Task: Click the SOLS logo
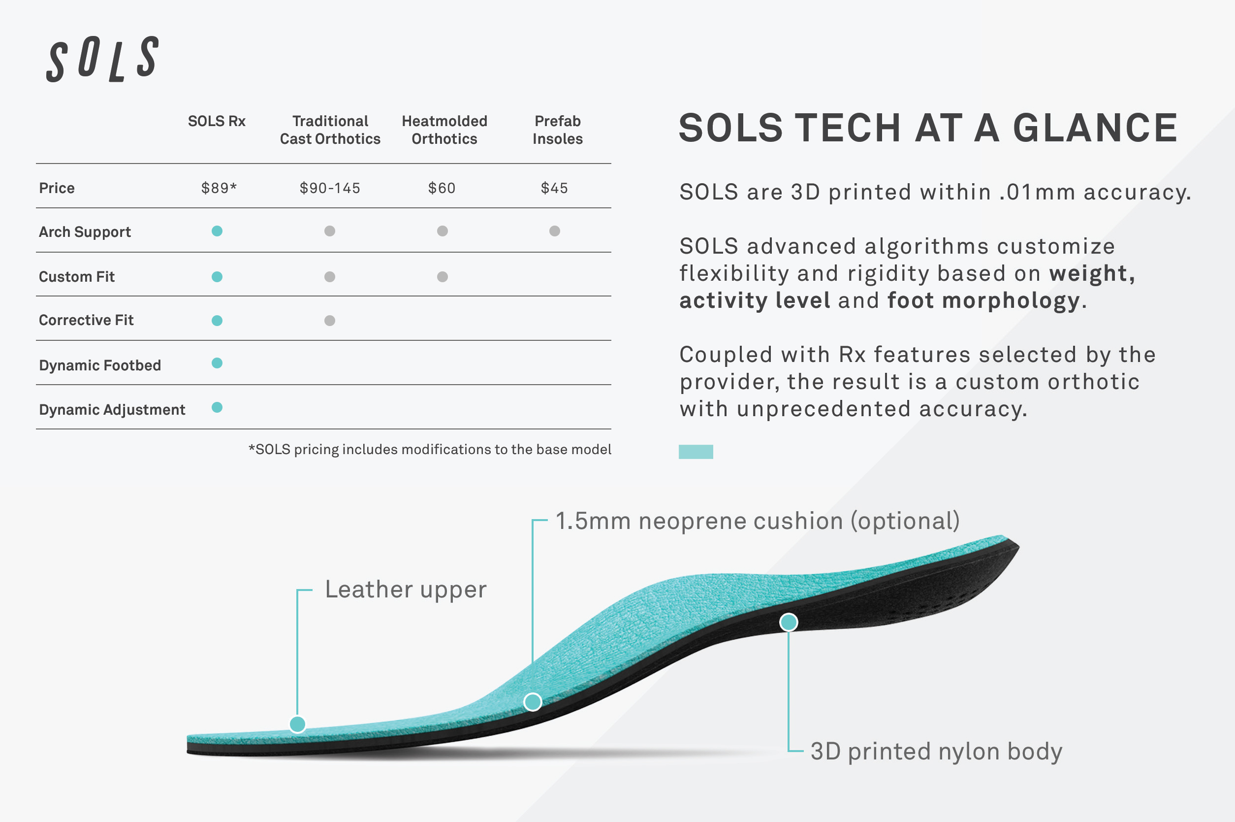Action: [x=102, y=59]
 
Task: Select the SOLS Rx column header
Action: [x=217, y=121]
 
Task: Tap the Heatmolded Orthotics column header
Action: [x=444, y=130]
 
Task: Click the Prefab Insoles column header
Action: [x=558, y=130]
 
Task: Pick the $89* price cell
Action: [x=219, y=188]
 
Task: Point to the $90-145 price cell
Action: [x=330, y=188]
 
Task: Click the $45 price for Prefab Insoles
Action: [x=554, y=188]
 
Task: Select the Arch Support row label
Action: [x=85, y=231]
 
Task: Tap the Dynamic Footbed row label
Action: [x=99, y=365]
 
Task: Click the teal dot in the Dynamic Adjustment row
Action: [x=217, y=407]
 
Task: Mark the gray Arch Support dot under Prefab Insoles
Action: [x=554, y=230]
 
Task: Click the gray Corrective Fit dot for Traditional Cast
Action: [x=330, y=320]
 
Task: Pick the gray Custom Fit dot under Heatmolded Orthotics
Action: [x=442, y=276]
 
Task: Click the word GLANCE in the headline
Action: [x=1095, y=128]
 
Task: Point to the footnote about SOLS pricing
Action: [x=430, y=449]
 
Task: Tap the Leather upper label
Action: [x=406, y=589]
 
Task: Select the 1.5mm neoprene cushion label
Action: [x=757, y=521]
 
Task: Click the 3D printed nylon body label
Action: [x=936, y=751]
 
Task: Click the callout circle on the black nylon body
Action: [x=788, y=622]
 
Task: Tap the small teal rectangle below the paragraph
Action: [x=696, y=451]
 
